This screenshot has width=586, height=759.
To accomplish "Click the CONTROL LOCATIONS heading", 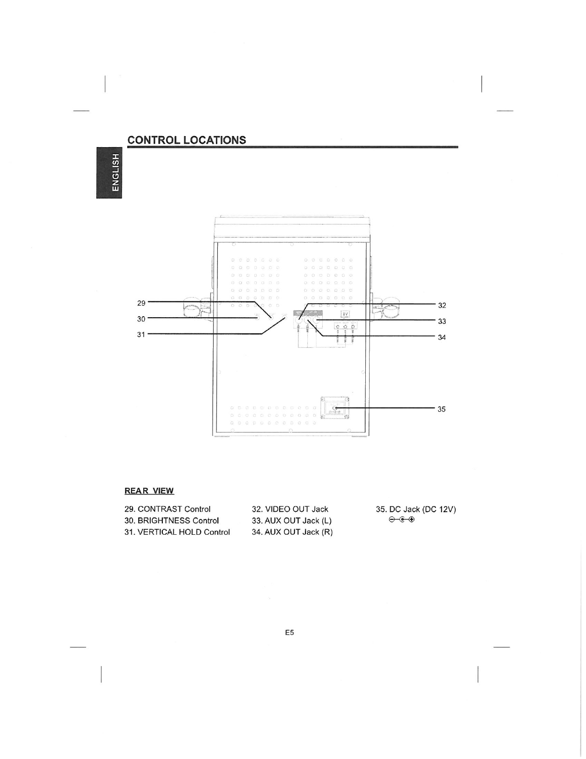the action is (186, 140).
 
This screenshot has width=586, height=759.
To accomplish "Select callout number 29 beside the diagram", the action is (141, 303).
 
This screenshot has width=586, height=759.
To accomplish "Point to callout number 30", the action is (141, 319).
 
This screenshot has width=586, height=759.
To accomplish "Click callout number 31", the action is (141, 334).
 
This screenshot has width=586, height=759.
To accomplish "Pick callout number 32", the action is (442, 305).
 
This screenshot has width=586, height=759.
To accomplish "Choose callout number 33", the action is (442, 321).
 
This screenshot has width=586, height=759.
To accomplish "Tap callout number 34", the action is (442, 337).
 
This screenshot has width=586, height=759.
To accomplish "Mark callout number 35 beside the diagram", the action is (441, 409).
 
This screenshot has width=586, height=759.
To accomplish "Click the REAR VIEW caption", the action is (149, 491).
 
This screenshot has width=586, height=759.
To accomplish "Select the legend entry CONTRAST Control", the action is (167, 509).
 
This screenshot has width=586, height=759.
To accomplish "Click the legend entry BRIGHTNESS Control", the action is (171, 520).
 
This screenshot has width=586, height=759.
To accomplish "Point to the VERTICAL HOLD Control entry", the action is (177, 532).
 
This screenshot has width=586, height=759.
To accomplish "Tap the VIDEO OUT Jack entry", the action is (290, 509).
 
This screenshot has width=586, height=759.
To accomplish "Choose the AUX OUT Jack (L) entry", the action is (292, 520).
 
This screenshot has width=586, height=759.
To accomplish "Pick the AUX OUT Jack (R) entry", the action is (292, 532).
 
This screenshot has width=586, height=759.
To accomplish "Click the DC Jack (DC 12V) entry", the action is (416, 509).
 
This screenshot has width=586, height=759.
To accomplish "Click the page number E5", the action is (289, 632).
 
